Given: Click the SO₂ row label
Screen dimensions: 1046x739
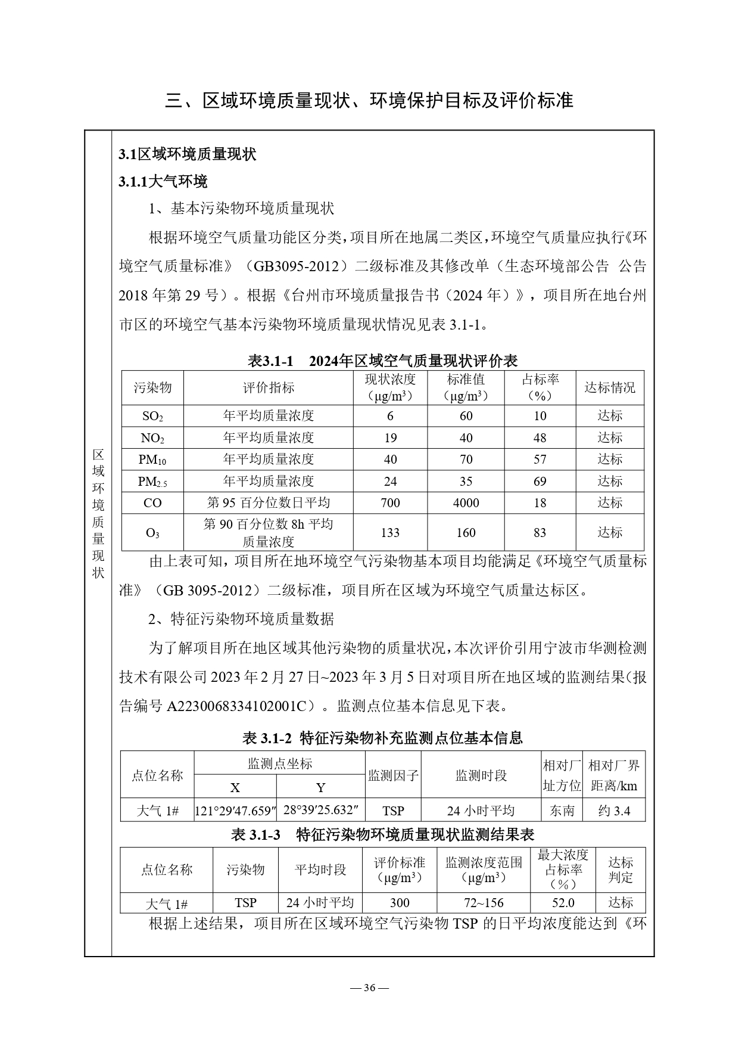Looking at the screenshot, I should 152,416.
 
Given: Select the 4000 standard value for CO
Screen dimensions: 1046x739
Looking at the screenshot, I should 466,503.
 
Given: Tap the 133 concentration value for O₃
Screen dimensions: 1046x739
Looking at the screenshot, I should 390,532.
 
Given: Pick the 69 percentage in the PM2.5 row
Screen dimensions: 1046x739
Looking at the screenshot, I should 540,481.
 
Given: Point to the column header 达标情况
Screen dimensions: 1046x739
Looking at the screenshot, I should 610,388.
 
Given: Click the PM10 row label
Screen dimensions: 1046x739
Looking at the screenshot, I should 152,460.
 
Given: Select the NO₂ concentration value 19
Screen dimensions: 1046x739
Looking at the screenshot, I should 390,438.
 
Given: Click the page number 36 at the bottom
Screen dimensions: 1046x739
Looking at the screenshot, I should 369,988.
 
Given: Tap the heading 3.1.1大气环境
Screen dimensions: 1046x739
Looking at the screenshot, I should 163,181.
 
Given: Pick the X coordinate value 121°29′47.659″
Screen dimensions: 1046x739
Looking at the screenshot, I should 236,811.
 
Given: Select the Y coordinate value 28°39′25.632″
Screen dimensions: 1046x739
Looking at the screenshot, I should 320,810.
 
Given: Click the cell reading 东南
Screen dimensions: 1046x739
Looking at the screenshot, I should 562,811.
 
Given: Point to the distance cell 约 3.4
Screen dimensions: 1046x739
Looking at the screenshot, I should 613,811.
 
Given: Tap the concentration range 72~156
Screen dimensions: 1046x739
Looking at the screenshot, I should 483,903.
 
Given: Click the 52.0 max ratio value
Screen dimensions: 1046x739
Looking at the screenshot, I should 563,903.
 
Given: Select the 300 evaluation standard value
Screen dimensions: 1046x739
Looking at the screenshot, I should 400,903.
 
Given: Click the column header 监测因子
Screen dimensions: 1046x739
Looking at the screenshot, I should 393,775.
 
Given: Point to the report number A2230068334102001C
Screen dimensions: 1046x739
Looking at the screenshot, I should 240,706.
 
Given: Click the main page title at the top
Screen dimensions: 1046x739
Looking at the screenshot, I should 369,100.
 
